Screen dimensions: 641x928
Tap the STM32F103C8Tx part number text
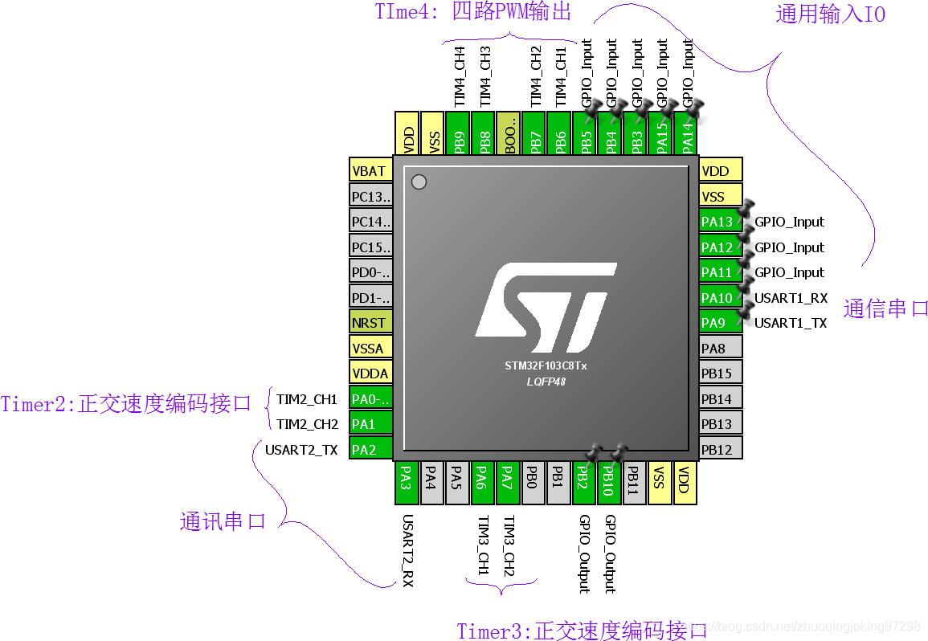[x=546, y=365]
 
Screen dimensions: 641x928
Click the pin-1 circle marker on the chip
[x=418, y=182]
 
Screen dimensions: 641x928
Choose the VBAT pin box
[x=370, y=171]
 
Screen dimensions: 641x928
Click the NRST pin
[x=370, y=323]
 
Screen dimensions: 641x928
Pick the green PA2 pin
[x=370, y=449]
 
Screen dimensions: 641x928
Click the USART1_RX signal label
[x=791, y=298]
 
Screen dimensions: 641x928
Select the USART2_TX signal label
[x=301, y=450]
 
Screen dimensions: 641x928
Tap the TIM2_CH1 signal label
[x=307, y=399]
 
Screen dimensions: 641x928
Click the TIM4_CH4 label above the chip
[x=460, y=77]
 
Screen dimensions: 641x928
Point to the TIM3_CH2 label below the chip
[x=509, y=546]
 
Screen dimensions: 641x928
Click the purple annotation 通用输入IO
[x=830, y=14]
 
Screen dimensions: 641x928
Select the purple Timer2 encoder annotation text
[x=126, y=403]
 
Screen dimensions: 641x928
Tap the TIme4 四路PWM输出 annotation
[x=472, y=12]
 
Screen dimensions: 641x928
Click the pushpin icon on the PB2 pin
[x=593, y=455]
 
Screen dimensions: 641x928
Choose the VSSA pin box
[x=370, y=348]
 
